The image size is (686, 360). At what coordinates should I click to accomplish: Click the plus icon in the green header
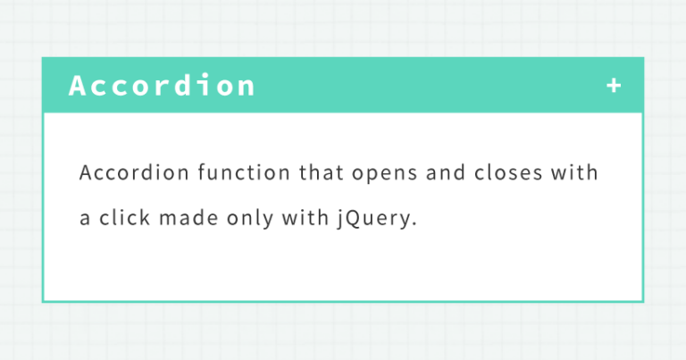tap(613, 86)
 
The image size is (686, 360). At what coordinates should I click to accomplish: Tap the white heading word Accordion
tap(162, 86)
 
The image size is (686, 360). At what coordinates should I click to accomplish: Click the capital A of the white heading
tap(78, 86)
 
